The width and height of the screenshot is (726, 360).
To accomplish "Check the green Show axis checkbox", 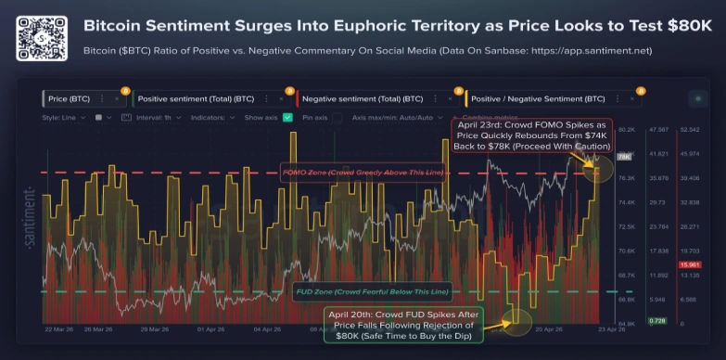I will tap(287, 118).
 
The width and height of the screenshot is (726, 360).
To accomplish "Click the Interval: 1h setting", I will tap(156, 118).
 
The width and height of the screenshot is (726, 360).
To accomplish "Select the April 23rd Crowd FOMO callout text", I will tap(532, 135).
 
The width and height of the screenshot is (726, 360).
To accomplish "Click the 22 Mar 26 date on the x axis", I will tap(59, 328).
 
